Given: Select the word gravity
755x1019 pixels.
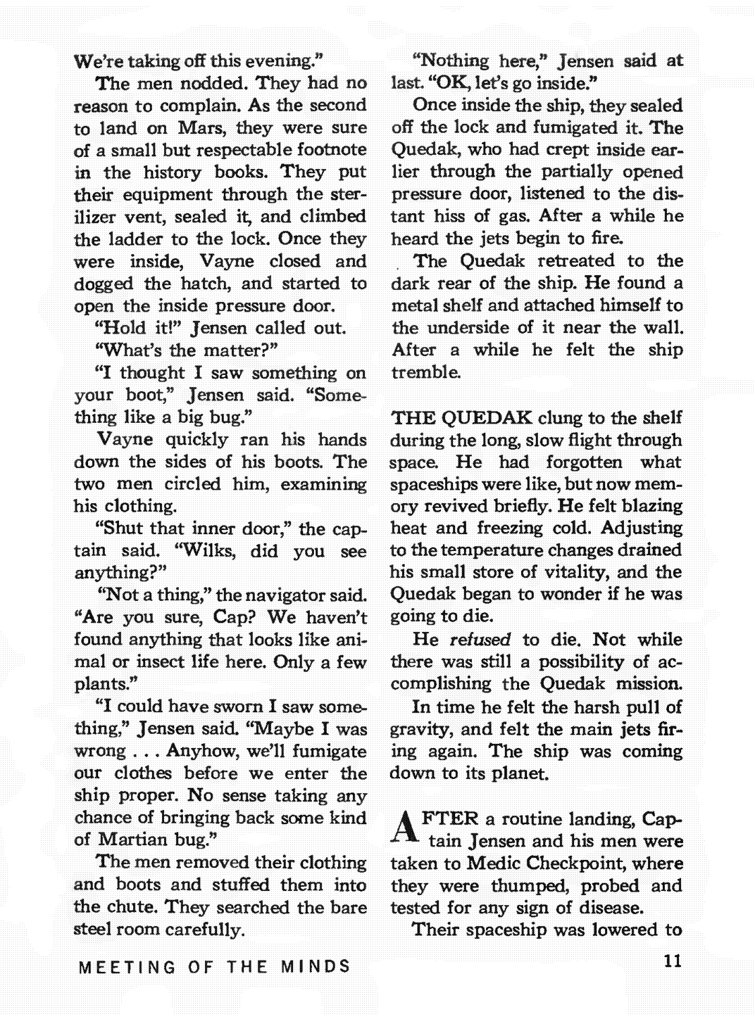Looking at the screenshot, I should click(420, 730).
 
